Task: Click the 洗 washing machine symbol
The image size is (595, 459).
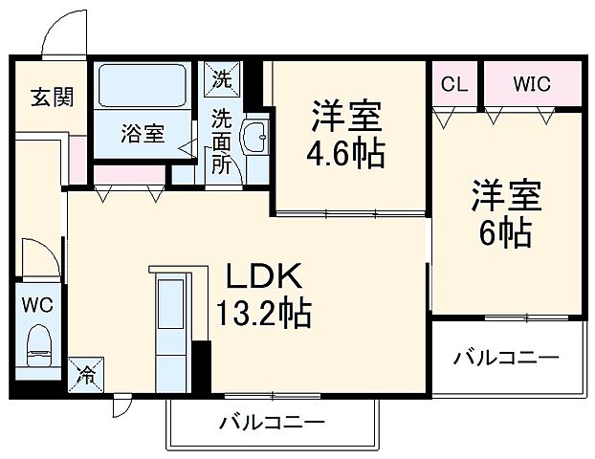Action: (x=222, y=78)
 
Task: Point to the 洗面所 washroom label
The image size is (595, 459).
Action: (x=222, y=141)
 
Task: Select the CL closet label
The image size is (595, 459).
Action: (x=453, y=84)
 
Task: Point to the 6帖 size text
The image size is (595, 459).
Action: (x=506, y=231)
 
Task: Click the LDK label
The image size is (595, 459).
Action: (x=264, y=277)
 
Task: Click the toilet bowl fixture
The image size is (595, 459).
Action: (x=38, y=347)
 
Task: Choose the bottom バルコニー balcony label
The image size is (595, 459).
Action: (x=272, y=421)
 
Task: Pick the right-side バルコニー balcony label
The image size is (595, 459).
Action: (x=506, y=358)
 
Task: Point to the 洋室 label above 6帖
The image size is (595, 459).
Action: (x=506, y=195)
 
